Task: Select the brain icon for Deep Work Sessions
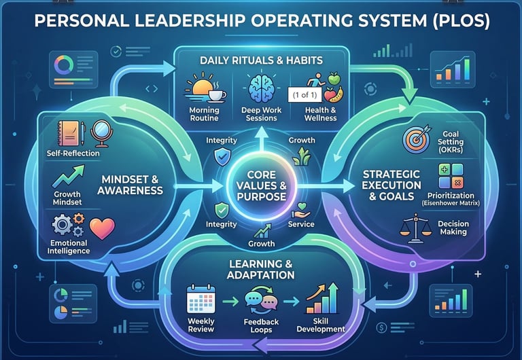point(261,90)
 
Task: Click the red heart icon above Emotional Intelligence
point(103,229)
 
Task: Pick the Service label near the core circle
point(301,223)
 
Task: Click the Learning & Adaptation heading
point(261,268)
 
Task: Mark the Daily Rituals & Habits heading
point(261,60)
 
